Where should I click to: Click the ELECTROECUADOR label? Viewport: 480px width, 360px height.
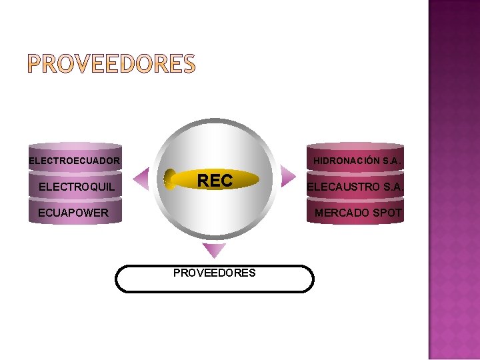75,161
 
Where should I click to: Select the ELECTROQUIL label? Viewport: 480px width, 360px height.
77,187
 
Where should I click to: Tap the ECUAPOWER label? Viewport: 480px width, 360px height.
73,213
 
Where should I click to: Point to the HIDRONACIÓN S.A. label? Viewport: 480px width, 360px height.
357,161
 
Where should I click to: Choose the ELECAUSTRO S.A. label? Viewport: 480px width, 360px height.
355,187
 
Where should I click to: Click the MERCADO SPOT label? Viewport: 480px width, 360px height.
359,213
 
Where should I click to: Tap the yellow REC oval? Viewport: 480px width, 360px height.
213,180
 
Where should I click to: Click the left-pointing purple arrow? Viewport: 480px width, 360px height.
142,178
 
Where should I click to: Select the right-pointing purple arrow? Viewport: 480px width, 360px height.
287,177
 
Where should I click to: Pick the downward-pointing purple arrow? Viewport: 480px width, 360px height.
214,250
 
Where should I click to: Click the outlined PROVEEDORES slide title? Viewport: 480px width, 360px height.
111,65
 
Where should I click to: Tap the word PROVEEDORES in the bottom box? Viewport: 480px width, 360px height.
214,273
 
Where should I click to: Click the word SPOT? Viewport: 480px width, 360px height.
388,213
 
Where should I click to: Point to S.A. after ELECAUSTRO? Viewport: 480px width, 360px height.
391,187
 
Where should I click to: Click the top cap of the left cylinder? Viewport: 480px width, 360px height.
75,146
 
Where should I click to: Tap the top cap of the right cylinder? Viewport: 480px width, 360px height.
355,145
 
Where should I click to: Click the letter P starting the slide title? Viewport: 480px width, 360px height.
35,65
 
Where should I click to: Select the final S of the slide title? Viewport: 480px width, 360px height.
187,65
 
